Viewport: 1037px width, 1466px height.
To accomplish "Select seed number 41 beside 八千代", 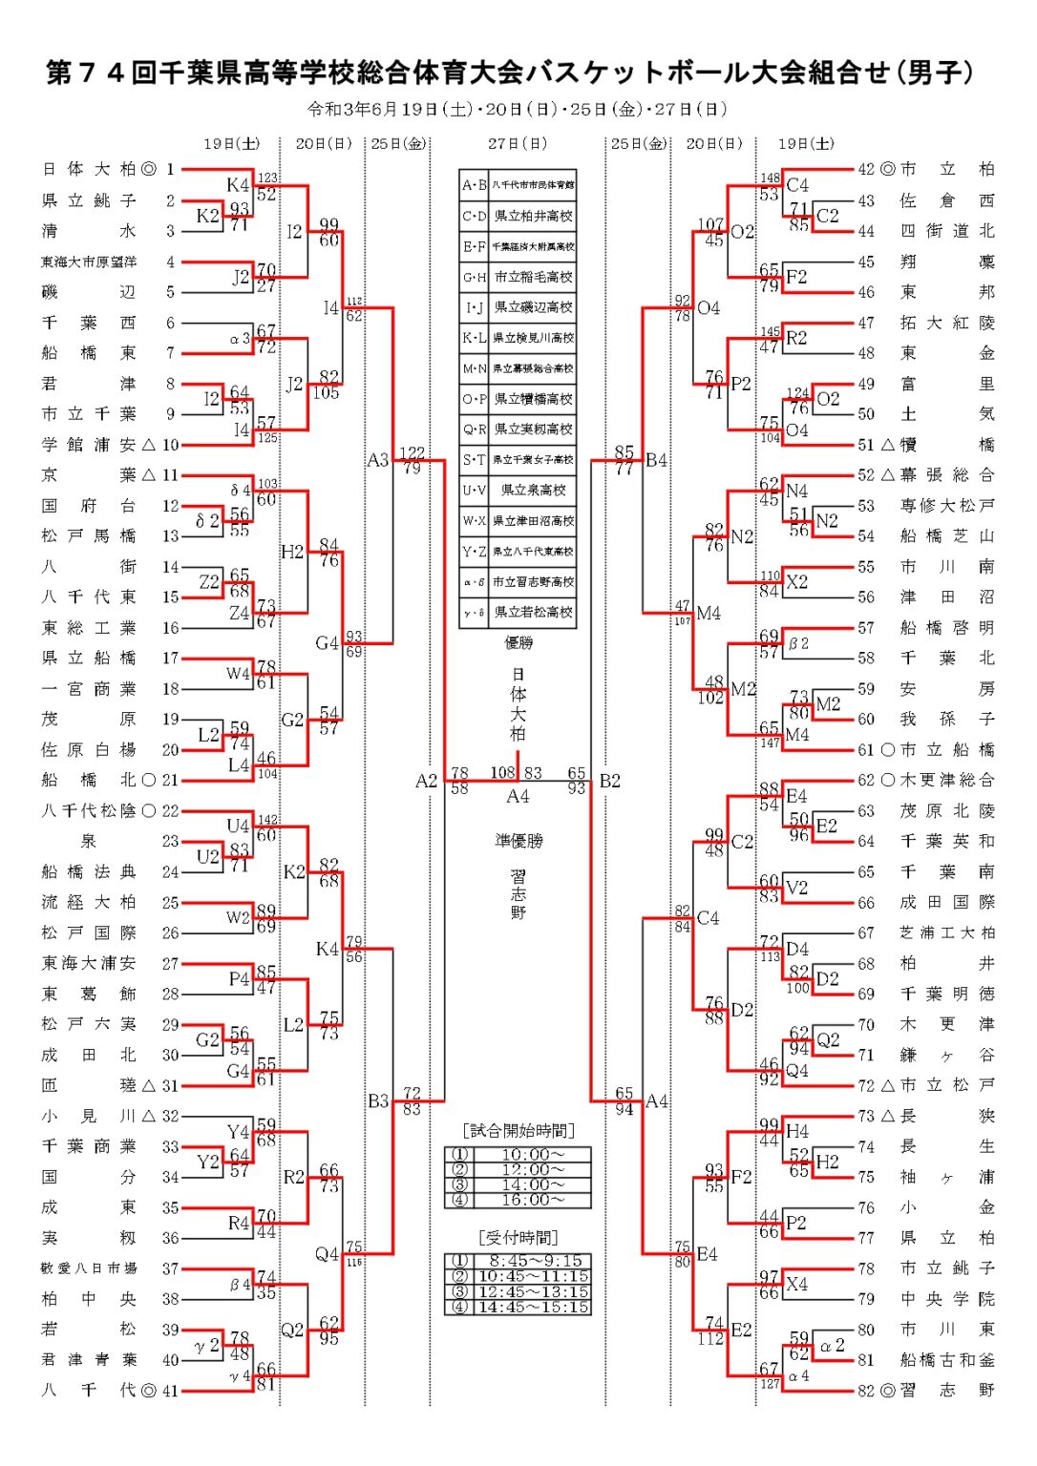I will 170,1391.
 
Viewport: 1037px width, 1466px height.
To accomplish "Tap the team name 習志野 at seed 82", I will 947,1391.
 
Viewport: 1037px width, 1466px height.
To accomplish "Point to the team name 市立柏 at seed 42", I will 947,170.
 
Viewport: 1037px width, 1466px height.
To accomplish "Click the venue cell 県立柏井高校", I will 533,216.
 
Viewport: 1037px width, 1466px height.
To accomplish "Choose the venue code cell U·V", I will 475,491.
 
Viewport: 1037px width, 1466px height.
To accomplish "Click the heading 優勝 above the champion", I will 518,643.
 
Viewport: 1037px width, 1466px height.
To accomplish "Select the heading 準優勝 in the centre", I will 518,841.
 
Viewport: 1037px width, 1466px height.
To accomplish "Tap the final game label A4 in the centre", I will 518,796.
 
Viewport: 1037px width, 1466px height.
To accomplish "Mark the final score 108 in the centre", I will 502,773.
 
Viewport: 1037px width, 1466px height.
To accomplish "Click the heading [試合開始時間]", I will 518,1131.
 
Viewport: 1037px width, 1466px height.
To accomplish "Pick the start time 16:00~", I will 533,1201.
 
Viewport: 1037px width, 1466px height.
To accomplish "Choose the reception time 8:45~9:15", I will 533,1261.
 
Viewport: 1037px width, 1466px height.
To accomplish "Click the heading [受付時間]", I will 518,1238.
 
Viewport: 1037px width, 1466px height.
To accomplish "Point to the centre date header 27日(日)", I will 518,144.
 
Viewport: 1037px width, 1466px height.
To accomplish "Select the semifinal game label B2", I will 610,782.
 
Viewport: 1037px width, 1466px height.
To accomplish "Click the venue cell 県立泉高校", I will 533,491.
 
